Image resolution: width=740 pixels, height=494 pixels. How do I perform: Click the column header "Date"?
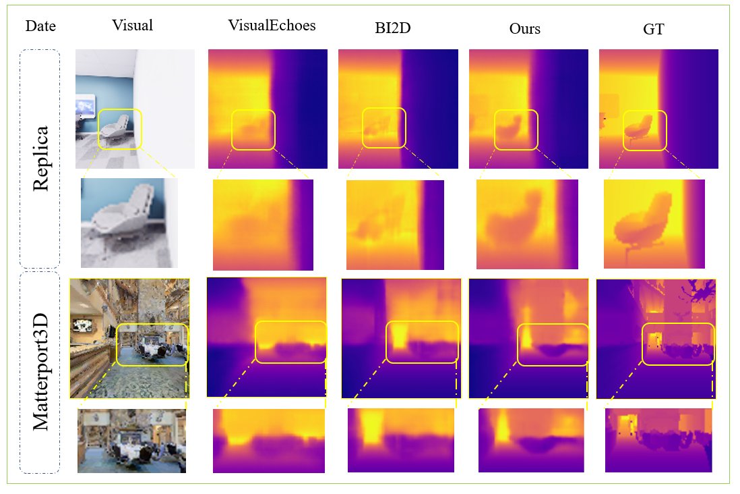click(40, 27)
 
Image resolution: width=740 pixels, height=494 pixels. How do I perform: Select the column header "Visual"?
click(133, 26)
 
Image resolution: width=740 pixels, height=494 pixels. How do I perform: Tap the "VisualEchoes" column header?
click(272, 26)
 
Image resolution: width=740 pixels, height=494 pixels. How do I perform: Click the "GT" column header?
click(654, 29)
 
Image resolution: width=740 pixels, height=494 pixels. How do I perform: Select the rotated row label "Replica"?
click(40, 158)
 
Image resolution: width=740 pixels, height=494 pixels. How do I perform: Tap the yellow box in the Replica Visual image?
click(120, 129)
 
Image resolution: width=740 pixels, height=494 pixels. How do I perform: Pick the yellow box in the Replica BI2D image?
click(384, 128)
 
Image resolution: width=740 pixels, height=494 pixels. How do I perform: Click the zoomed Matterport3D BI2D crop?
click(400, 440)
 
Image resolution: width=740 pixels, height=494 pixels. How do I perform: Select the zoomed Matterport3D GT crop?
click(658, 440)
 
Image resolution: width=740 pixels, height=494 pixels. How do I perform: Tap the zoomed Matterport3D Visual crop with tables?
click(131, 441)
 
